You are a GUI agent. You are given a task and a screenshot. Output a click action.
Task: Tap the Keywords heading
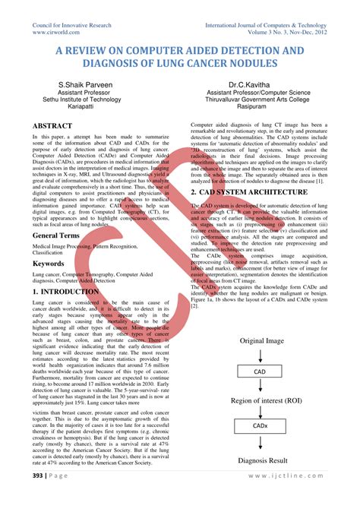pos(48,263)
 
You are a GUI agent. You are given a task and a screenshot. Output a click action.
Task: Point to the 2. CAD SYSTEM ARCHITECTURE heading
pos(260,192)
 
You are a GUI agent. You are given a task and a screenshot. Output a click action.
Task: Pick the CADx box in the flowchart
pos(260,427)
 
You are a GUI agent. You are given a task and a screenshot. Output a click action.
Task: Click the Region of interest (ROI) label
pos(260,400)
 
